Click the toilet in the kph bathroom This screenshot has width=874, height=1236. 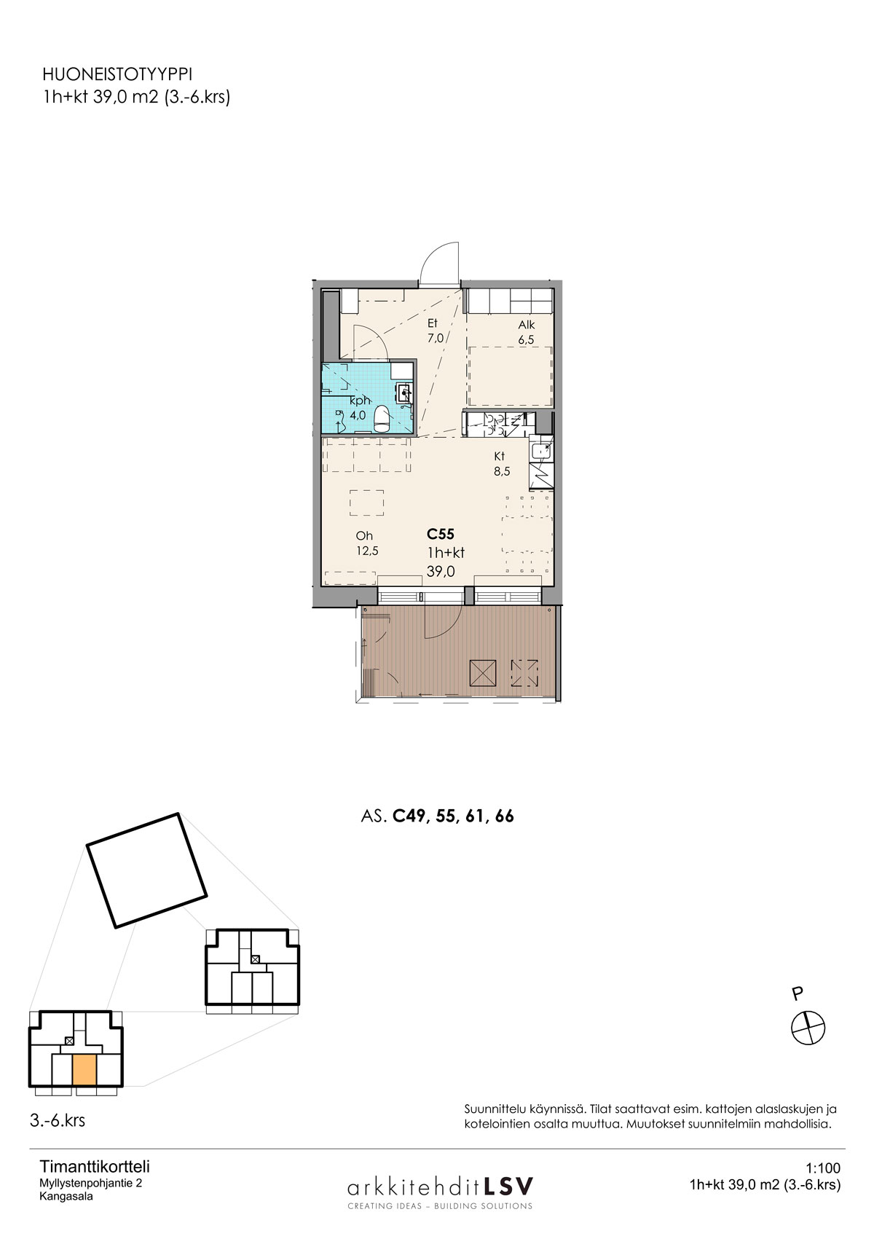382,420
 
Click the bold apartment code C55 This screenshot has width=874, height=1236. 441,534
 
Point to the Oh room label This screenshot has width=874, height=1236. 364,536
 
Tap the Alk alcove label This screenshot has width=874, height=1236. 527,325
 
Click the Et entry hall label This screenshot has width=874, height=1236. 433,323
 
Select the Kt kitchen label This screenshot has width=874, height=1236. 500,457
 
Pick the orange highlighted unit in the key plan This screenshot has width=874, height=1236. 84,1071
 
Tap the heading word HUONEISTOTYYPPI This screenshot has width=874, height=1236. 117,74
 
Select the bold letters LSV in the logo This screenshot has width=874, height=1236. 508,1185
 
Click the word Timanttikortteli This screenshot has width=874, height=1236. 95,1167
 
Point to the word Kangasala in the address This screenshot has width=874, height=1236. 66,1197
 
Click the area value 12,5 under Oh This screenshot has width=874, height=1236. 367,551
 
